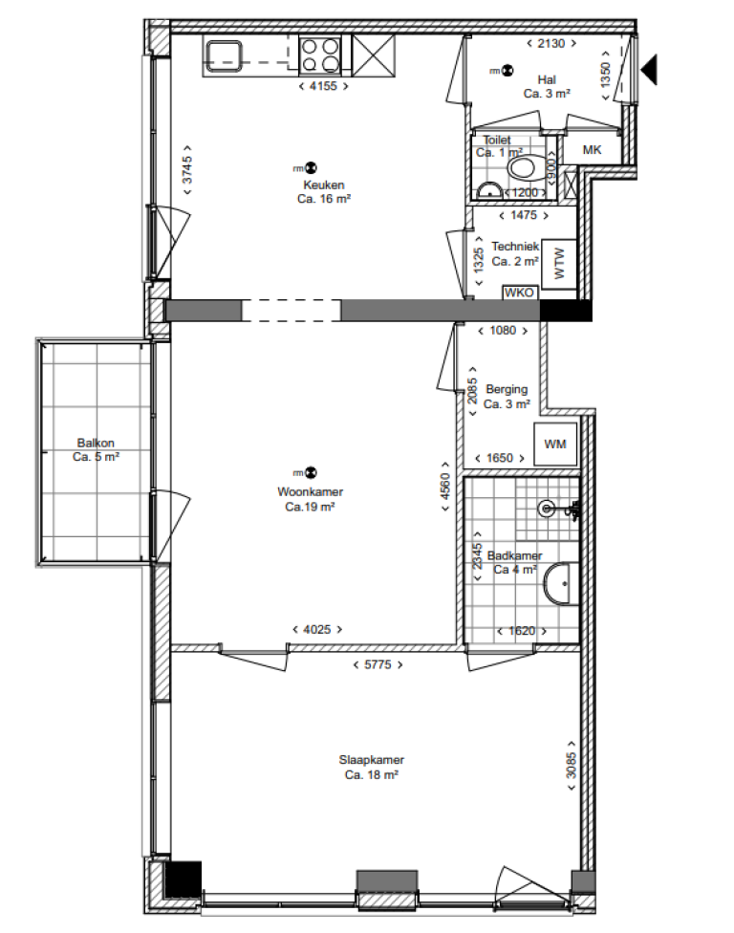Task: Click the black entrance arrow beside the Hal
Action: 650,69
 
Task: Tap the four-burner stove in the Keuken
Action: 321,54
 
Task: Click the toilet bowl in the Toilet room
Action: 523,168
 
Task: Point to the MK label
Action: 593,150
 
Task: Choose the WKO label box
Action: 519,293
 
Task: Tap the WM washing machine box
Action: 555,444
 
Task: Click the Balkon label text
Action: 96,444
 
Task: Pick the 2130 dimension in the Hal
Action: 551,43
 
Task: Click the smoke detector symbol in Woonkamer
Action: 311,473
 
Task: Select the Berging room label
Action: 507,389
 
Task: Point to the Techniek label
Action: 515,247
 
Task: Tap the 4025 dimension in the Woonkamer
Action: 316,629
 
